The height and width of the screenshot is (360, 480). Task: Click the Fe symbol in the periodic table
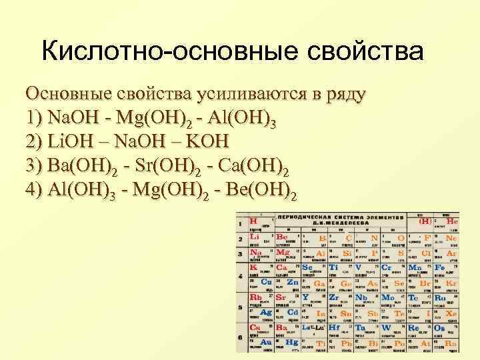coord(439,267)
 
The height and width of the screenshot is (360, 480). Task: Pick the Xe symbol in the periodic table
coord(452,313)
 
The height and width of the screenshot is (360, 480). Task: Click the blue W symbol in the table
coord(387,328)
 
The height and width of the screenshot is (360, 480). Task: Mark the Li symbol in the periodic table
coord(254,237)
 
